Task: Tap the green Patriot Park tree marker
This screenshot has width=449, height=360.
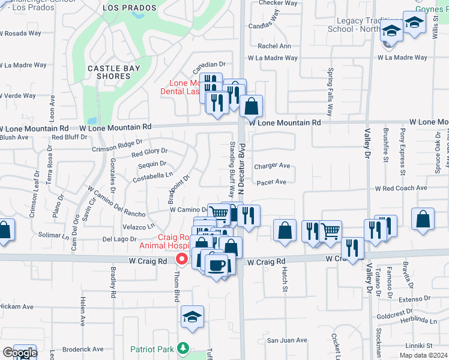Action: pyautogui.click(x=184, y=348)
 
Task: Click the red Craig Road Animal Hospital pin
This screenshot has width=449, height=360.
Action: pyautogui.click(x=181, y=259)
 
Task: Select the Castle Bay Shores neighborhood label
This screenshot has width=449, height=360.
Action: pyautogui.click(x=113, y=73)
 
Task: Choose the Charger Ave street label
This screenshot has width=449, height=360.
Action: pyautogui.click(x=272, y=166)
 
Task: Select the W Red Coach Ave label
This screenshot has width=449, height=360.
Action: pyautogui.click(x=400, y=188)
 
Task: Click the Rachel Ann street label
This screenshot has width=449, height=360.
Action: pyautogui.click(x=274, y=46)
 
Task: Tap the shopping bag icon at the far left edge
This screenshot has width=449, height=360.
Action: pyautogui.click(x=4, y=231)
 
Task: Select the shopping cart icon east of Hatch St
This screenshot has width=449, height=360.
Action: pyautogui.click(x=330, y=230)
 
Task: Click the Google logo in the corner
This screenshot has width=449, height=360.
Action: pyautogui.click(x=19, y=353)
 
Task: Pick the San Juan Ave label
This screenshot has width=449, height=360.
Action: pyautogui.click(x=287, y=340)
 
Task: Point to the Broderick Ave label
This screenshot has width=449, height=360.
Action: pyautogui.click(x=83, y=349)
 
